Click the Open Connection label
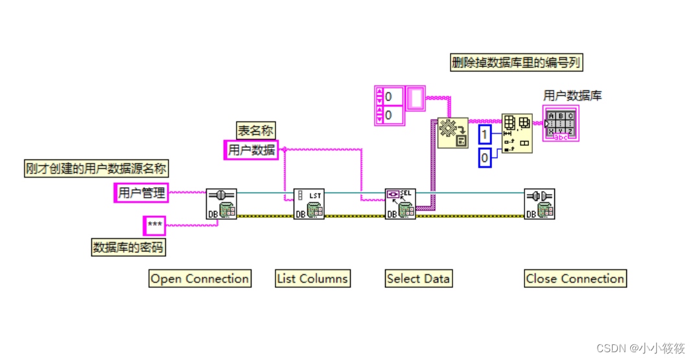[x=200, y=279]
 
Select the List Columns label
[x=312, y=279]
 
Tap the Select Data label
[x=418, y=279]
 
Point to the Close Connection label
[x=575, y=279]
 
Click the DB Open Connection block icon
[x=221, y=204]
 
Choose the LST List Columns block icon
[x=309, y=204]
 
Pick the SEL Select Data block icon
[x=400, y=204]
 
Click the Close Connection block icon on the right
[x=539, y=204]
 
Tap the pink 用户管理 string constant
[x=141, y=193]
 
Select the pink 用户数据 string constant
[x=252, y=150]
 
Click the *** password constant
[x=154, y=226]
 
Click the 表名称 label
[x=252, y=130]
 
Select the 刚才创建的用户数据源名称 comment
[x=97, y=169]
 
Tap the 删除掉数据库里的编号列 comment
[x=516, y=63]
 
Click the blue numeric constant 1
[x=485, y=135]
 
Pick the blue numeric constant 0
[x=485, y=158]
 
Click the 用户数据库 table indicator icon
[x=561, y=123]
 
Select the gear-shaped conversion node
[x=453, y=133]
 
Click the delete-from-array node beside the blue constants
[x=517, y=134]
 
